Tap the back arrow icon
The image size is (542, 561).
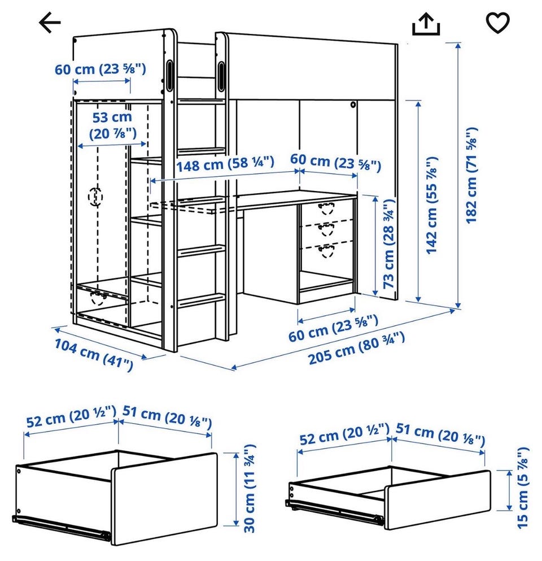[x=50, y=23]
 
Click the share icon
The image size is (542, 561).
[x=426, y=24]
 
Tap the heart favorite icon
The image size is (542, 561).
[x=497, y=23]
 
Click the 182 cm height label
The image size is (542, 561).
[x=471, y=175]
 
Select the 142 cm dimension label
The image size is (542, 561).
[x=431, y=205]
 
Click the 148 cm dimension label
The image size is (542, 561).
[x=225, y=164]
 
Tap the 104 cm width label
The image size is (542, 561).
[x=94, y=354]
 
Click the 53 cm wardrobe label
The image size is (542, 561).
[x=112, y=125]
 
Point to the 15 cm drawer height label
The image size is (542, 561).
[x=522, y=488]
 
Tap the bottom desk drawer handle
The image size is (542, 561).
[x=326, y=251]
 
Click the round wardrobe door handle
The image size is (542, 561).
[x=95, y=197]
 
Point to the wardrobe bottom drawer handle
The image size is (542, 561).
[x=97, y=298]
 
